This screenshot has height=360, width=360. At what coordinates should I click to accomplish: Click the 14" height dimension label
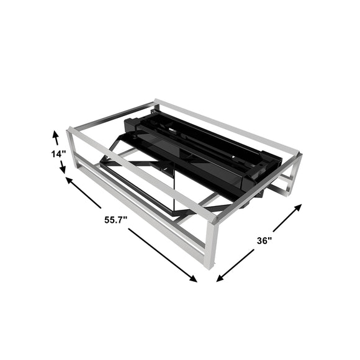58,154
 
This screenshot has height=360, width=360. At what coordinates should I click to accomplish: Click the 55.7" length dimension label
115,220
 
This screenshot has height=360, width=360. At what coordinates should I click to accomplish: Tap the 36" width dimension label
264,241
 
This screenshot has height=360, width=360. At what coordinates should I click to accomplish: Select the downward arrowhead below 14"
63,169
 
